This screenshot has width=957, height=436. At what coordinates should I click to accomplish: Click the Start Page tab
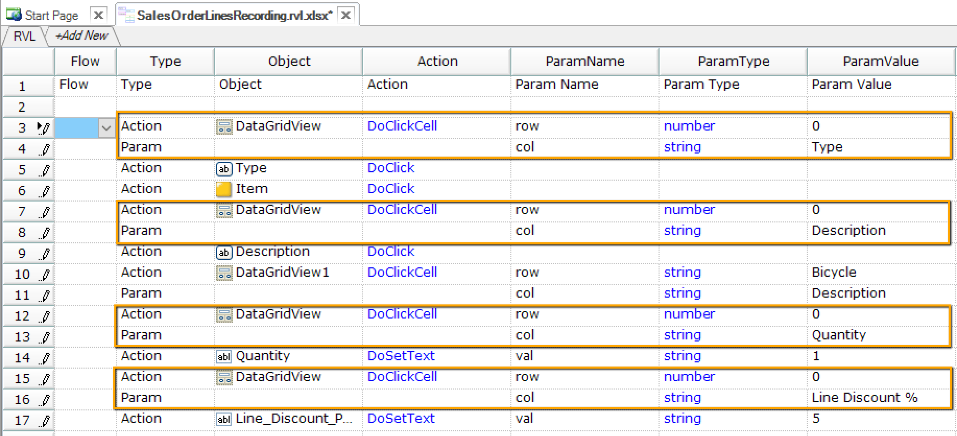pyautogui.click(x=51, y=15)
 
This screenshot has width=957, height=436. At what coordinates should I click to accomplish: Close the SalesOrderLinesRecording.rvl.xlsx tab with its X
pyautogui.click(x=346, y=15)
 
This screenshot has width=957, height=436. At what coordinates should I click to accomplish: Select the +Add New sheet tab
pyautogui.click(x=82, y=36)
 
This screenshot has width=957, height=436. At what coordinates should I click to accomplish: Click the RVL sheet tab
pyautogui.click(x=24, y=36)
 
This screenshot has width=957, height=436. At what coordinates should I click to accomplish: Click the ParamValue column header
pyautogui.click(x=880, y=61)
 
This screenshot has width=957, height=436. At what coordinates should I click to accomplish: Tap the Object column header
pyautogui.click(x=289, y=61)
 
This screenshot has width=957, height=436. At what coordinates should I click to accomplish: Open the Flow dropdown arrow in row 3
pyautogui.click(x=106, y=127)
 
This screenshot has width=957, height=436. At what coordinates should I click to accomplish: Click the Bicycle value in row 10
pyautogui.click(x=833, y=272)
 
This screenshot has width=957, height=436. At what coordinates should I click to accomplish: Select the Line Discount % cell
pyautogui.click(x=864, y=397)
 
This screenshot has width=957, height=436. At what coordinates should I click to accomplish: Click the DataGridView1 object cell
pyautogui.click(x=282, y=272)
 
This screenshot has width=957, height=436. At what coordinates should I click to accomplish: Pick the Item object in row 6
pyautogui.click(x=252, y=188)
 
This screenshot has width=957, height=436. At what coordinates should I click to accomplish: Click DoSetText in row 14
pyautogui.click(x=401, y=356)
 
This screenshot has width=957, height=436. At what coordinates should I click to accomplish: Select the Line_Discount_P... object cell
pyautogui.click(x=293, y=418)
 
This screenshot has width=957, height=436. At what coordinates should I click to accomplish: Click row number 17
pyautogui.click(x=22, y=420)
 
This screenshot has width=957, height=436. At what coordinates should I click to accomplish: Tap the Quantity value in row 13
pyautogui.click(x=839, y=335)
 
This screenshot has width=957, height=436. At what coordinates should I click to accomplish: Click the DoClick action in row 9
pyautogui.click(x=390, y=251)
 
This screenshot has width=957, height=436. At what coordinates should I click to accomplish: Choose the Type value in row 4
pyautogui.click(x=827, y=147)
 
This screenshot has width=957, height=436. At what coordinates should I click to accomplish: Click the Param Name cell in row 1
pyautogui.click(x=556, y=84)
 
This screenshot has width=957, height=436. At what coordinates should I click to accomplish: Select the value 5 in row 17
pyautogui.click(x=816, y=418)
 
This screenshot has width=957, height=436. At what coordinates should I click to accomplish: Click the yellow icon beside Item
pyautogui.click(x=223, y=189)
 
